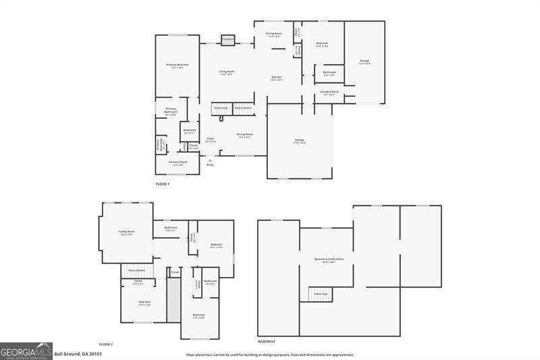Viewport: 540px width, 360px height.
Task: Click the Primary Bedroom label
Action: (178, 64)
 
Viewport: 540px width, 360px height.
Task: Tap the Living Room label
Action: (226, 71)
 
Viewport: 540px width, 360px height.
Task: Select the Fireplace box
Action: (228, 40)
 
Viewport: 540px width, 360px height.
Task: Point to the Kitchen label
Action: (277, 78)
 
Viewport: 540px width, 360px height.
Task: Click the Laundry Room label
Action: (329, 92)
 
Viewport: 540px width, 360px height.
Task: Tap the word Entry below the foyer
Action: (210, 164)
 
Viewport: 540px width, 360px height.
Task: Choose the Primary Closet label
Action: (178, 162)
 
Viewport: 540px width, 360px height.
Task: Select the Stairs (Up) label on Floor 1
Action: (220, 107)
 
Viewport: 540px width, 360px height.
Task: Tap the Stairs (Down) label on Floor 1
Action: (243, 107)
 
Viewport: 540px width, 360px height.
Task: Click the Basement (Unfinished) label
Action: (325, 259)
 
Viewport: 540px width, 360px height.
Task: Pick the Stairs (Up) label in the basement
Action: (321, 294)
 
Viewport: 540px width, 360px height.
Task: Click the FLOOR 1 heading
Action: (162, 184)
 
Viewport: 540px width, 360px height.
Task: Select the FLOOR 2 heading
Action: (105, 344)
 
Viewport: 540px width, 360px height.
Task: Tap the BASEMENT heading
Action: (267, 342)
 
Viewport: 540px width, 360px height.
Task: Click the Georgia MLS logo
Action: (26, 351)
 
